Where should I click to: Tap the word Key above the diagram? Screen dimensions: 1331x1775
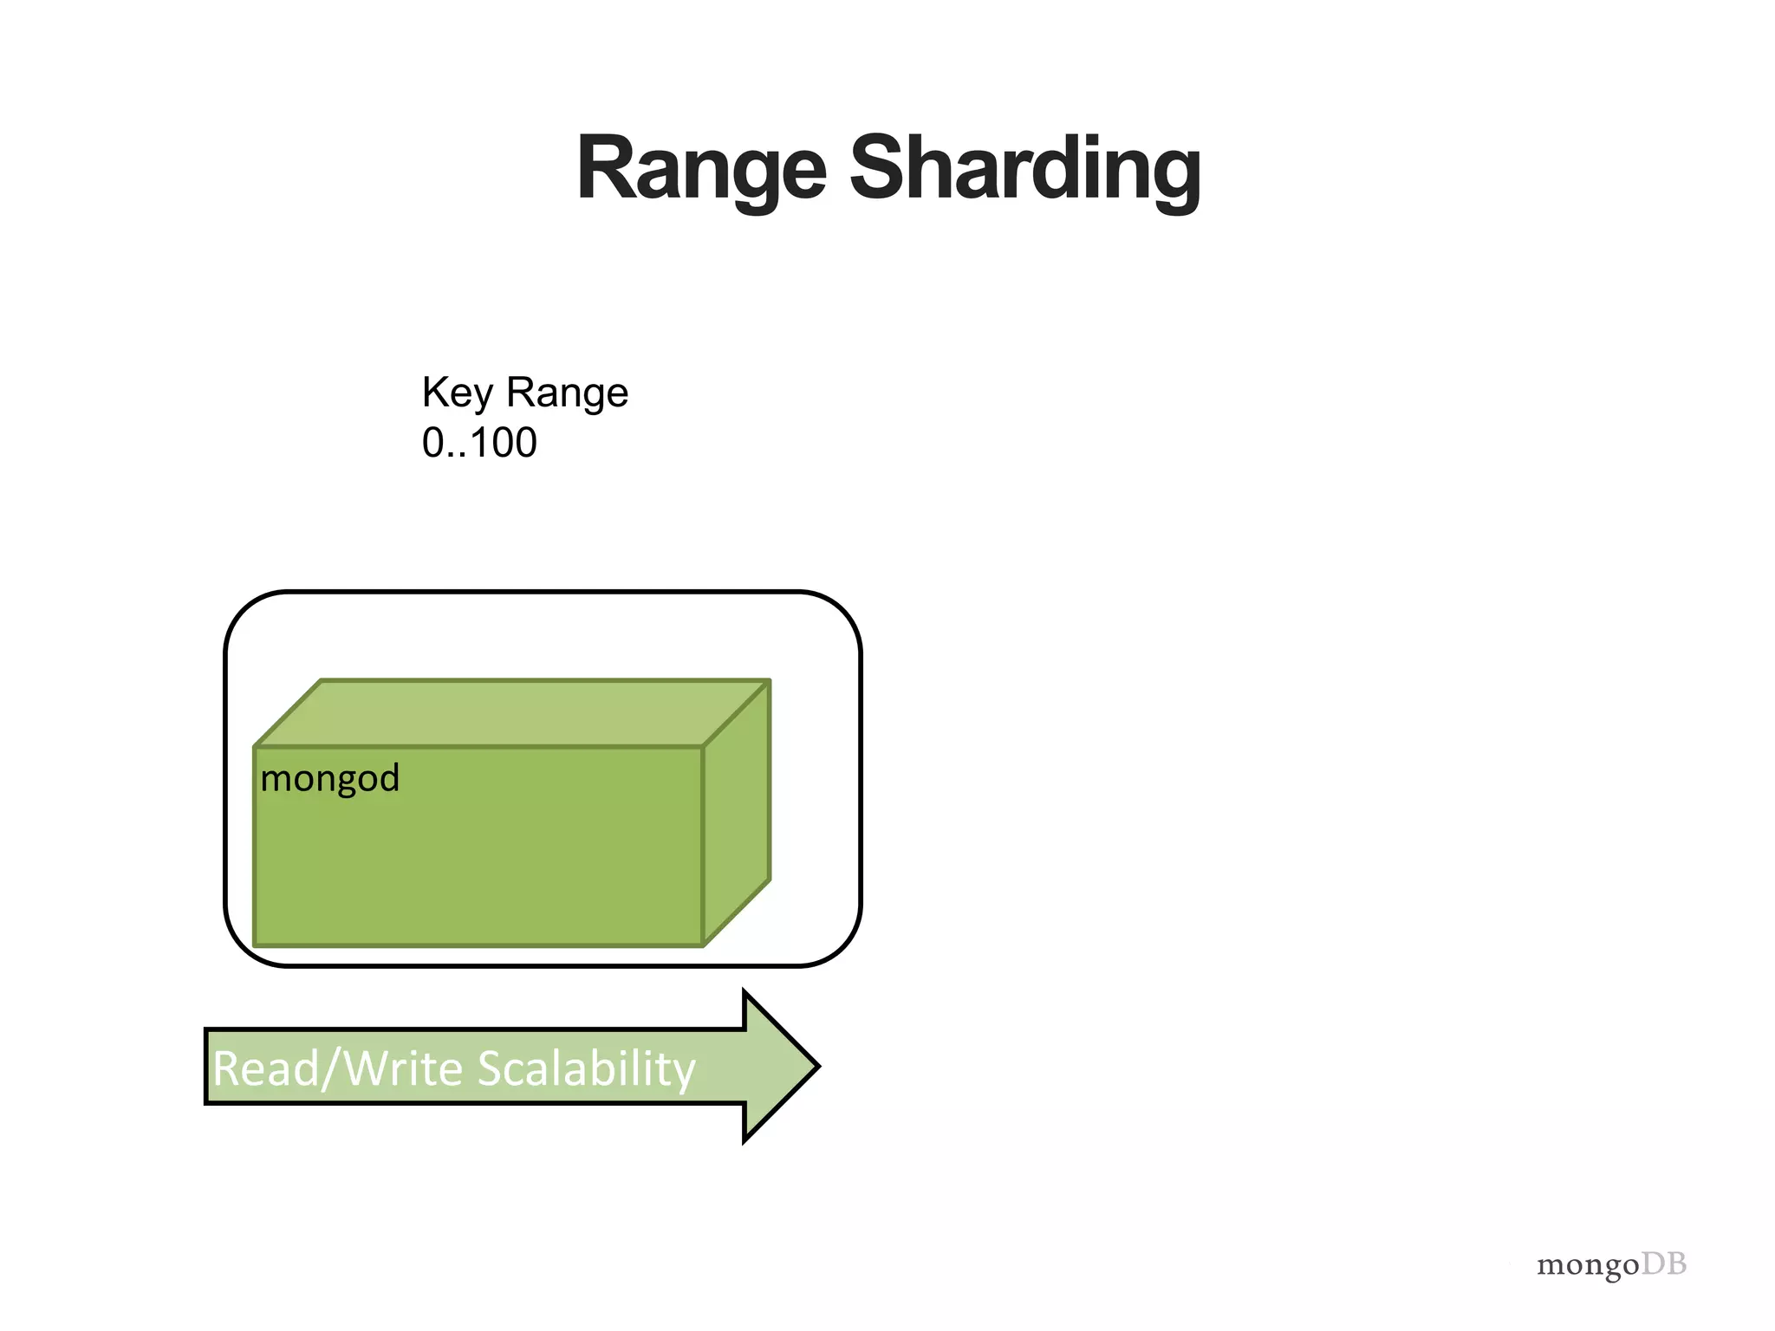click(x=457, y=394)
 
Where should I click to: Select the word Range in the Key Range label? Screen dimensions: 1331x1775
click(x=567, y=394)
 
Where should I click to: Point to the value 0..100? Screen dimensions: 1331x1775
click(x=479, y=443)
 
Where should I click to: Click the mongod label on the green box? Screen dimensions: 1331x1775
click(x=329, y=778)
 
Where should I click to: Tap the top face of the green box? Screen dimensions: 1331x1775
click(x=511, y=713)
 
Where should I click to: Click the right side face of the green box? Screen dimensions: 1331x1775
click(x=737, y=813)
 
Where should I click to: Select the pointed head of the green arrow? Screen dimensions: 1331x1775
click(x=780, y=1066)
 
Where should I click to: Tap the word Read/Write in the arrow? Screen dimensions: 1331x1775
click(x=338, y=1068)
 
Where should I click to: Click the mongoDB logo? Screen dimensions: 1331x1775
click(x=1611, y=1264)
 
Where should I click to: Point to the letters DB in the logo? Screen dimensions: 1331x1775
click(x=1664, y=1263)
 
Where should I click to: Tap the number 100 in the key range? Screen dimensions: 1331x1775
click(x=504, y=443)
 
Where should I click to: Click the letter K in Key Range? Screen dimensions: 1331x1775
click(x=433, y=393)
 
